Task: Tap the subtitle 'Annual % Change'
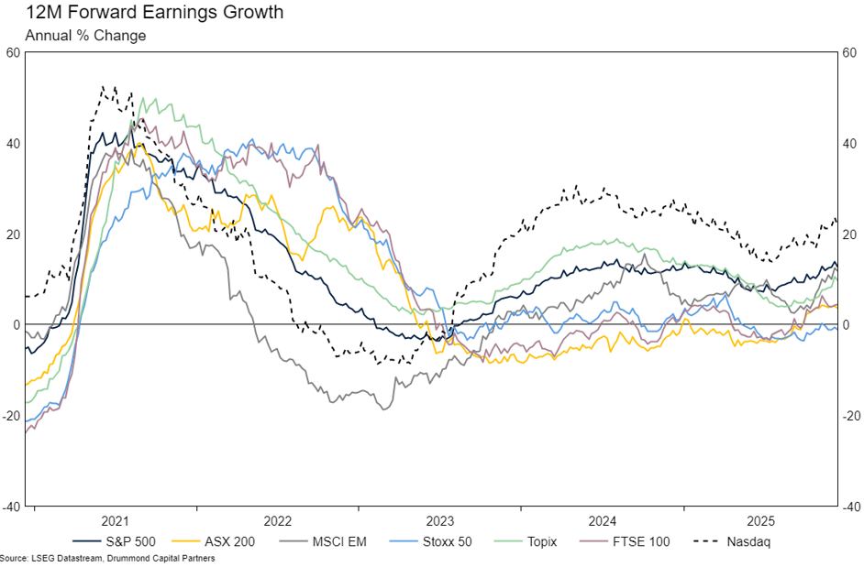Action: [85, 36]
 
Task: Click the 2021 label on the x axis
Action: [116, 520]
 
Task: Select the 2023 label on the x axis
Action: [440, 520]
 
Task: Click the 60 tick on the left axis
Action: [13, 53]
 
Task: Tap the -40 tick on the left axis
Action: [11, 507]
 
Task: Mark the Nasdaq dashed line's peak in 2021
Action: [103, 87]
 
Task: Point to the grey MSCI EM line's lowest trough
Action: [383, 409]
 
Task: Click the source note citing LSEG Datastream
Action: [107, 559]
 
